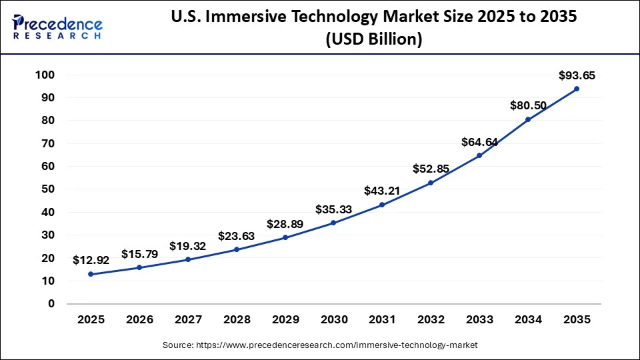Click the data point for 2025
pos(91,274)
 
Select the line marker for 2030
pos(333,223)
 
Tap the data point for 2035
pos(576,89)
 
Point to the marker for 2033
pos(479,155)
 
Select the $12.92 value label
pos(91,260)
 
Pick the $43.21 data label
pos(382,191)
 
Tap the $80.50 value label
pos(528,105)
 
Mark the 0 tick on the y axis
pos(51,304)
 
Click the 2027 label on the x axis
pos(188,320)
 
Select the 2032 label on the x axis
pos(431,320)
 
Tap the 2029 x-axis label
pos(285,320)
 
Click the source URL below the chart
pos(320,345)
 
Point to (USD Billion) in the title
pos(373,40)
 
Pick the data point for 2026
pos(139,267)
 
